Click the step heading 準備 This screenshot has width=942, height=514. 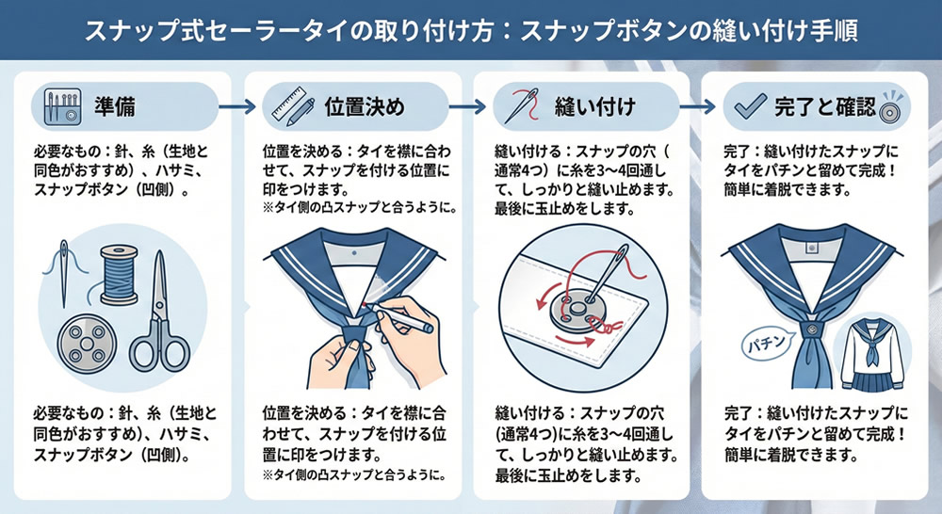click(114, 107)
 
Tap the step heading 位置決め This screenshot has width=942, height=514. click(365, 107)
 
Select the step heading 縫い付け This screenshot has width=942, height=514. click(594, 107)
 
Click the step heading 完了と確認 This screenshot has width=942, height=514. click(825, 107)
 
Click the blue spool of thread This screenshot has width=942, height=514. click(119, 274)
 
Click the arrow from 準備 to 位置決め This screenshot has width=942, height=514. click(237, 107)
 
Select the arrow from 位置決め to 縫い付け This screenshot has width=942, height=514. click(467, 107)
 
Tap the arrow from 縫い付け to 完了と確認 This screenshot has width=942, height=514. click(697, 107)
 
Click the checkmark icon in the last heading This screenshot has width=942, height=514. click(751, 106)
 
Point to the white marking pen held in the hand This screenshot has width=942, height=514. click(403, 317)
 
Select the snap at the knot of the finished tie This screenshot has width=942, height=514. click(812, 329)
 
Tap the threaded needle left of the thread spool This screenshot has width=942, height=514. click(64, 273)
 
